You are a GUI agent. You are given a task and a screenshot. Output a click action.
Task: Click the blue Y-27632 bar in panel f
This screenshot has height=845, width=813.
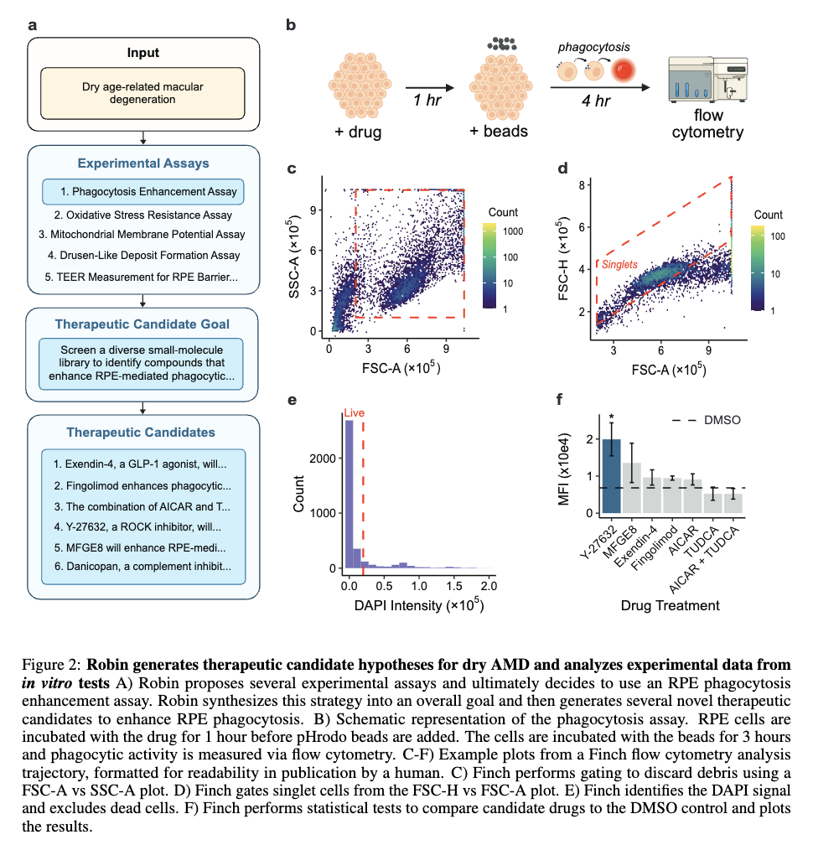pos(611,476)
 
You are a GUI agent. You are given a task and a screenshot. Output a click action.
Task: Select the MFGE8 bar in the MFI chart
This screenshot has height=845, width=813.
pos(631,488)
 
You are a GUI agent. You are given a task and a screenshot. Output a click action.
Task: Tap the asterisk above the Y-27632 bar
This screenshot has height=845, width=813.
pos(611,417)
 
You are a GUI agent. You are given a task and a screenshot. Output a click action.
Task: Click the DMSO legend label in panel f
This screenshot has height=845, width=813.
pos(722,420)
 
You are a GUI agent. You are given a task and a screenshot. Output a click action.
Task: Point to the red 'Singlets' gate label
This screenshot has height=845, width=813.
pos(619,264)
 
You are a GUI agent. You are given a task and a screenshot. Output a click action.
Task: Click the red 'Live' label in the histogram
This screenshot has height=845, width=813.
pos(354,412)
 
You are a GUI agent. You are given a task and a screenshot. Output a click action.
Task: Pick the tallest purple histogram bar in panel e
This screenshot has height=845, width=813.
pos(349,494)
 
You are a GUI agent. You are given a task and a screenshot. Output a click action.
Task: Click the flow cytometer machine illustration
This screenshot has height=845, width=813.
pos(708,79)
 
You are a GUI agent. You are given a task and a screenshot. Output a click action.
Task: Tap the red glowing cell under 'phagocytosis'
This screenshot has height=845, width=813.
pos(624,71)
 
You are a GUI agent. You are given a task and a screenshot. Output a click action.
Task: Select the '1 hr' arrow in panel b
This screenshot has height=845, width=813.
pos(429,87)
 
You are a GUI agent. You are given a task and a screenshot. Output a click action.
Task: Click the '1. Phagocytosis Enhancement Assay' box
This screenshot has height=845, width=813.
pos(142,192)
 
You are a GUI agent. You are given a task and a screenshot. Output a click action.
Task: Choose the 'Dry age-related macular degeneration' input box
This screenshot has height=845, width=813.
pos(142,93)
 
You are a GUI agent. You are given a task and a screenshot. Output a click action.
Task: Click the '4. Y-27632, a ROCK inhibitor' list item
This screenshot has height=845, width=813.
pos(137,526)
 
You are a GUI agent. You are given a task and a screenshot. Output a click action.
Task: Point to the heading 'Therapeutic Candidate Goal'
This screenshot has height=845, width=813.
pos(142,324)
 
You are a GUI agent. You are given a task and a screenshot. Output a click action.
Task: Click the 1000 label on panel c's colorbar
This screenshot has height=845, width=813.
pos(513,231)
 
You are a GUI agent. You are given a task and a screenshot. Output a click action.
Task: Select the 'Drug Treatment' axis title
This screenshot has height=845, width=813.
pos(670,606)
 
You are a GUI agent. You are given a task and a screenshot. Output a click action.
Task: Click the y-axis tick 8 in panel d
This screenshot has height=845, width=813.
pos(582,185)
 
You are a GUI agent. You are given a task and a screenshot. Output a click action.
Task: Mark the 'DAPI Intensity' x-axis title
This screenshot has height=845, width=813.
pos(419,605)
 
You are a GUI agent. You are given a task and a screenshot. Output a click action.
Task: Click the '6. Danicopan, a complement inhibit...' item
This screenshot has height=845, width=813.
pos(142,566)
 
